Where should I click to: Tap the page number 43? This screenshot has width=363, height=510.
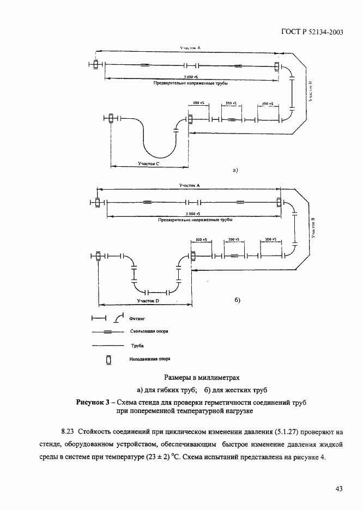click(x=338, y=489)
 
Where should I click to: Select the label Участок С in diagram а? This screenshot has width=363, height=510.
click(x=149, y=163)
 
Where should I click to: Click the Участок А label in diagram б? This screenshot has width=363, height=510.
click(x=190, y=185)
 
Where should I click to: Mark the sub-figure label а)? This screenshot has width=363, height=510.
click(x=236, y=170)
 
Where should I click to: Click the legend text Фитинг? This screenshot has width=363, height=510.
click(x=137, y=316)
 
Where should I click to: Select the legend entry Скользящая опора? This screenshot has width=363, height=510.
click(x=149, y=330)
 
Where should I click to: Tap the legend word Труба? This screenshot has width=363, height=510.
click(x=137, y=345)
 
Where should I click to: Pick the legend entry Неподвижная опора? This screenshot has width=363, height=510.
click(x=150, y=360)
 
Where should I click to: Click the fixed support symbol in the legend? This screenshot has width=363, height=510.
click(x=108, y=360)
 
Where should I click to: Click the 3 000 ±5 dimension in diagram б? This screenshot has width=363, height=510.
click(x=193, y=214)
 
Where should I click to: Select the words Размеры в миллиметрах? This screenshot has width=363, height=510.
click(x=202, y=377)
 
